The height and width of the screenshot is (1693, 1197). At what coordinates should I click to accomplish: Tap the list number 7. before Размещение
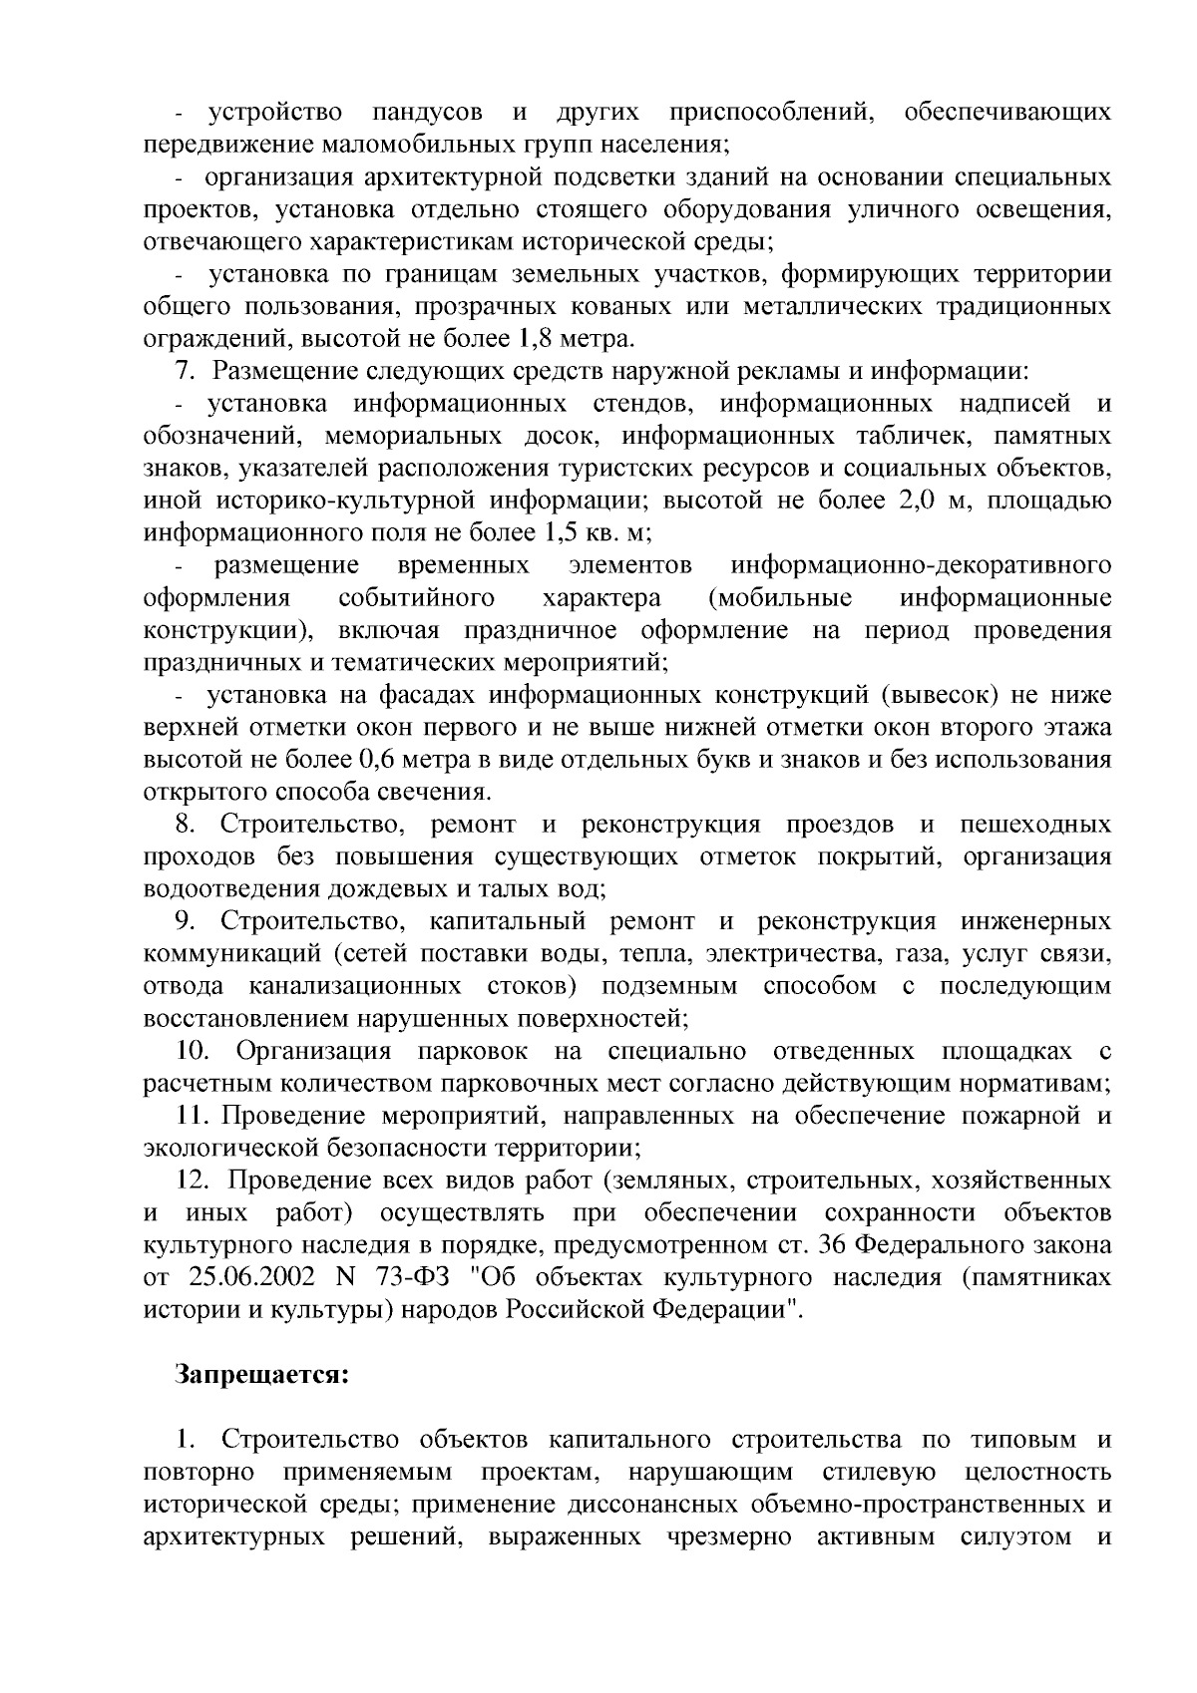coord(186,371)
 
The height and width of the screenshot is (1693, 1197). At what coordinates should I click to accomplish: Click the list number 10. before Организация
coord(192,1051)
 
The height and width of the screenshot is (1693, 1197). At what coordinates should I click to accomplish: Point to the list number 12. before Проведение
coord(192,1181)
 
